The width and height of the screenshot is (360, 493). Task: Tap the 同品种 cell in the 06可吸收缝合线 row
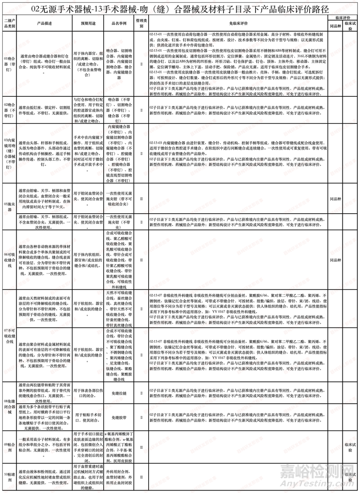[335, 260]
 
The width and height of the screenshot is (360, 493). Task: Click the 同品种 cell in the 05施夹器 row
[335, 202]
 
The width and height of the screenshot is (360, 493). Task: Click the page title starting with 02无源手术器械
[180, 9]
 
